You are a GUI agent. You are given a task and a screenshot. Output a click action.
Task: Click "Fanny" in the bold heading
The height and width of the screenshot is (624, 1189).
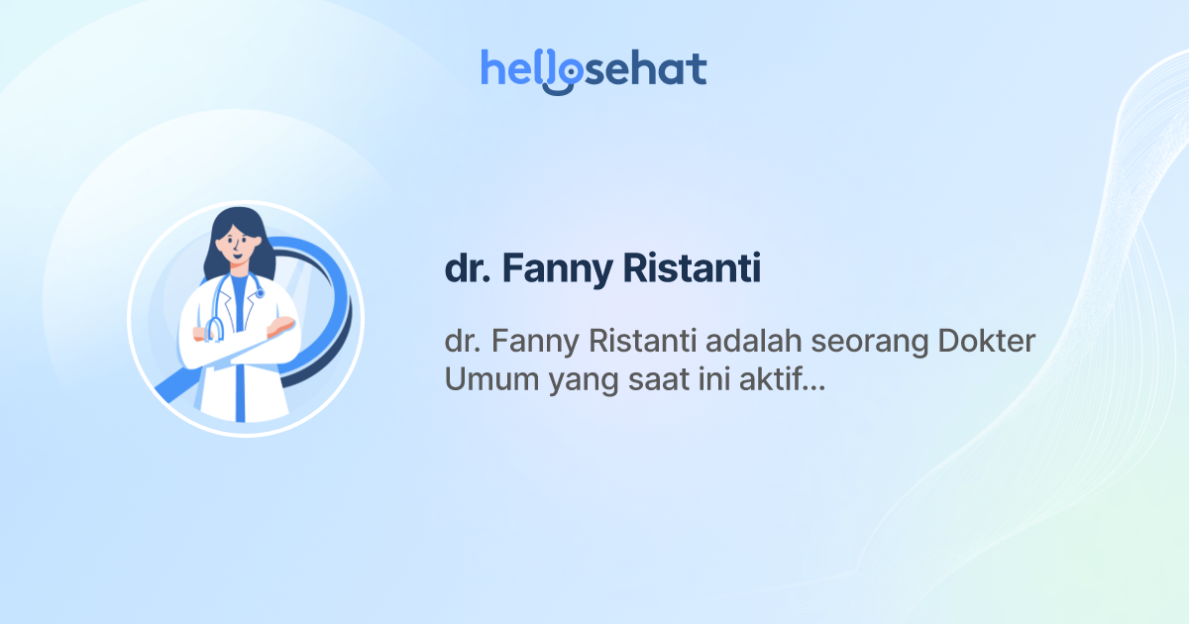[x=555, y=269]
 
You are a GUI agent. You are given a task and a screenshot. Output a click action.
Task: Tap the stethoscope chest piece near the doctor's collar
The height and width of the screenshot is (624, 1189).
[x=260, y=293]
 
